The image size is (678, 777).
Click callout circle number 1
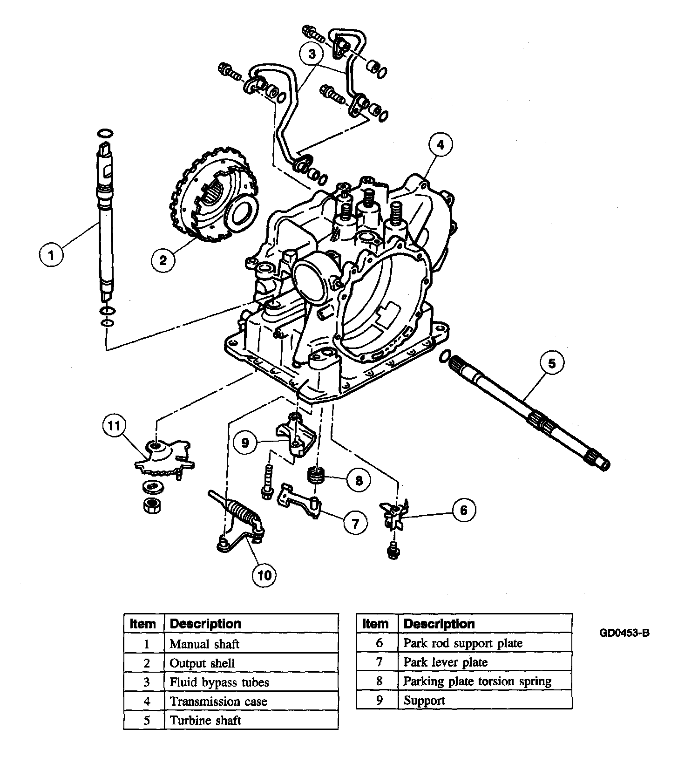pos(51,255)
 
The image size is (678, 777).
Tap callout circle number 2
pos(163,259)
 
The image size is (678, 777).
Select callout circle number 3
pos(312,54)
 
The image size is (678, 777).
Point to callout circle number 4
pos(440,144)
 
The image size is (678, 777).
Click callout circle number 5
pos(551,363)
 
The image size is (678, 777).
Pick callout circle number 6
pos(463,510)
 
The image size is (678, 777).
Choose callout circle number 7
pos(355,524)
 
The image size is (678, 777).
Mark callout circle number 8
pos(359,480)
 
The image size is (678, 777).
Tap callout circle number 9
pos(245,442)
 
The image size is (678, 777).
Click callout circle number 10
pos(264,575)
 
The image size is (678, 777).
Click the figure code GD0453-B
pos(624,633)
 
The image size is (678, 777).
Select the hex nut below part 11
pos(152,505)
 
